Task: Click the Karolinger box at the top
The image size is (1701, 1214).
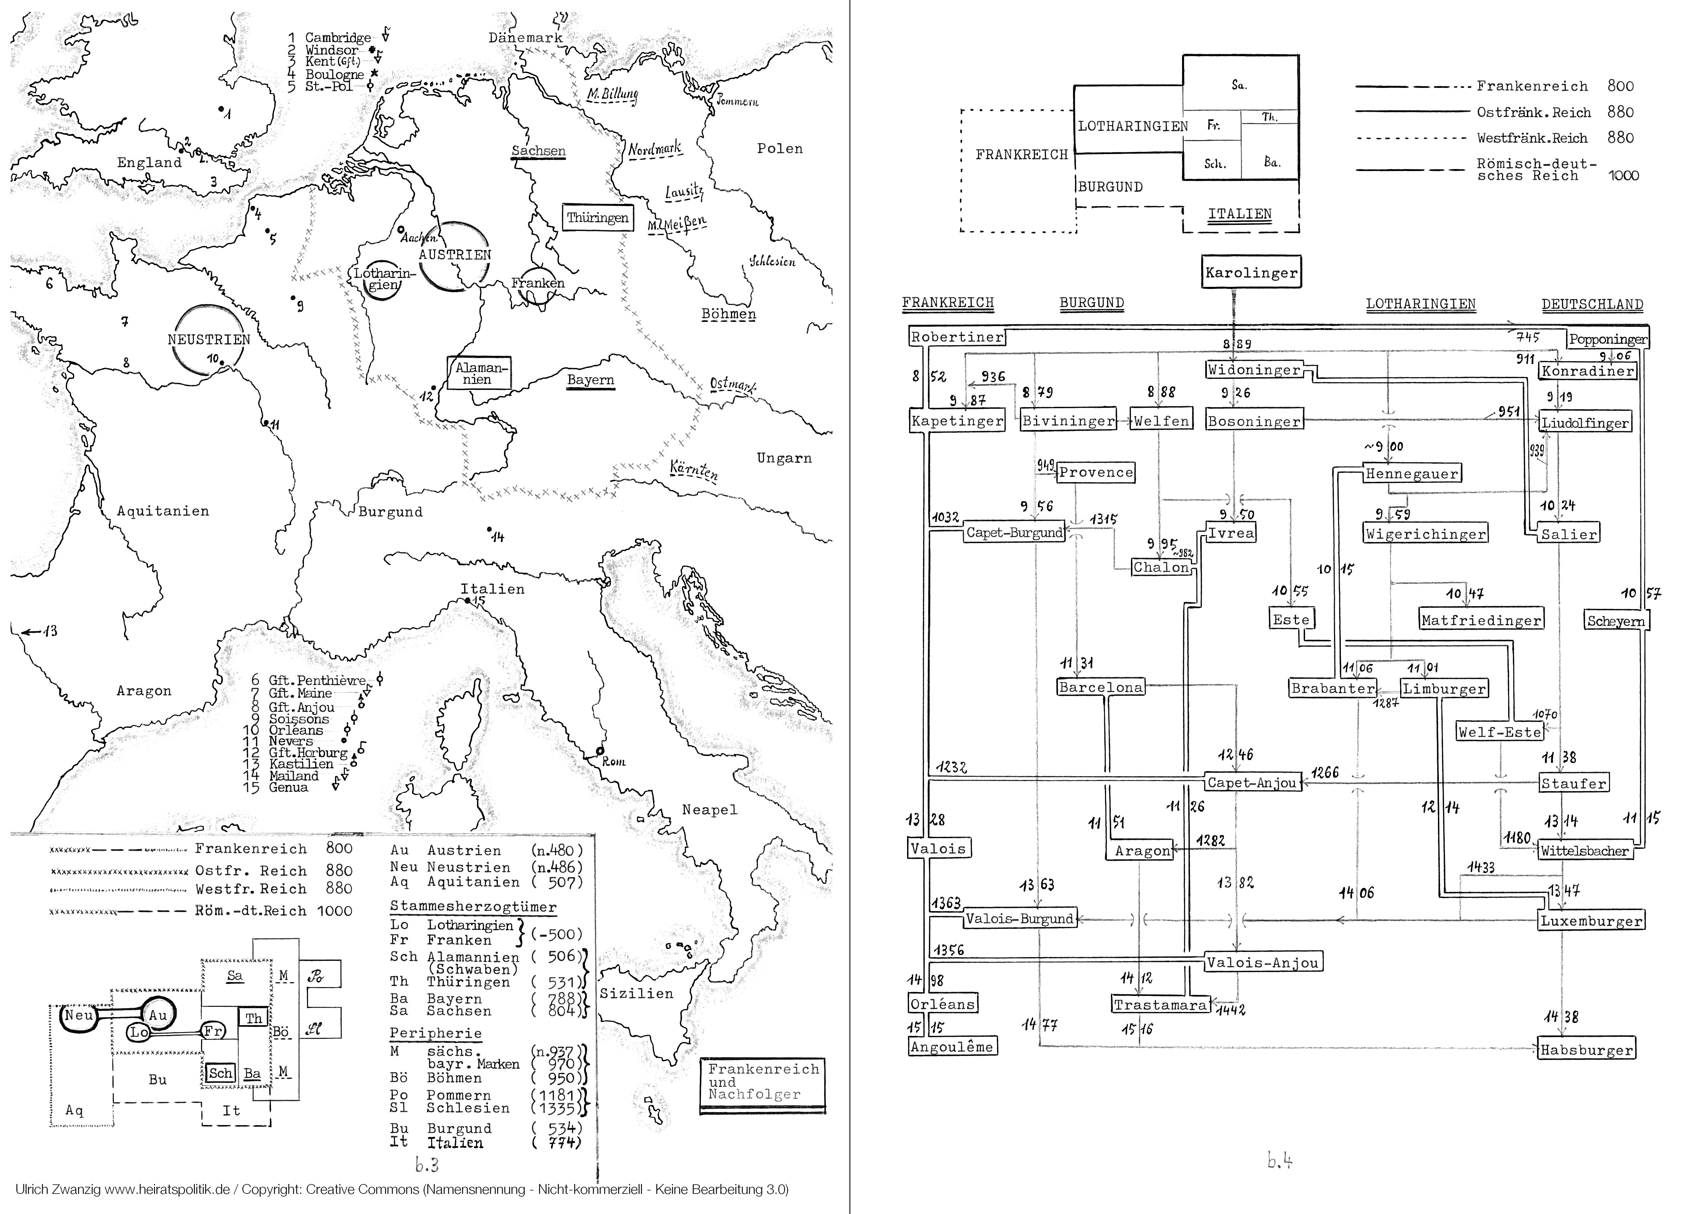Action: (1251, 272)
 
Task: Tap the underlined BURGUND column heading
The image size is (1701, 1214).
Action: (1091, 303)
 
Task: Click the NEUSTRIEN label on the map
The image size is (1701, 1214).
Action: (209, 339)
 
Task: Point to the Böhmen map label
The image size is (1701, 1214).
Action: (728, 314)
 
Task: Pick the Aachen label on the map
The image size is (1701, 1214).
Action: (418, 237)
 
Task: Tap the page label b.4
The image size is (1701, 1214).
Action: (1279, 1161)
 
